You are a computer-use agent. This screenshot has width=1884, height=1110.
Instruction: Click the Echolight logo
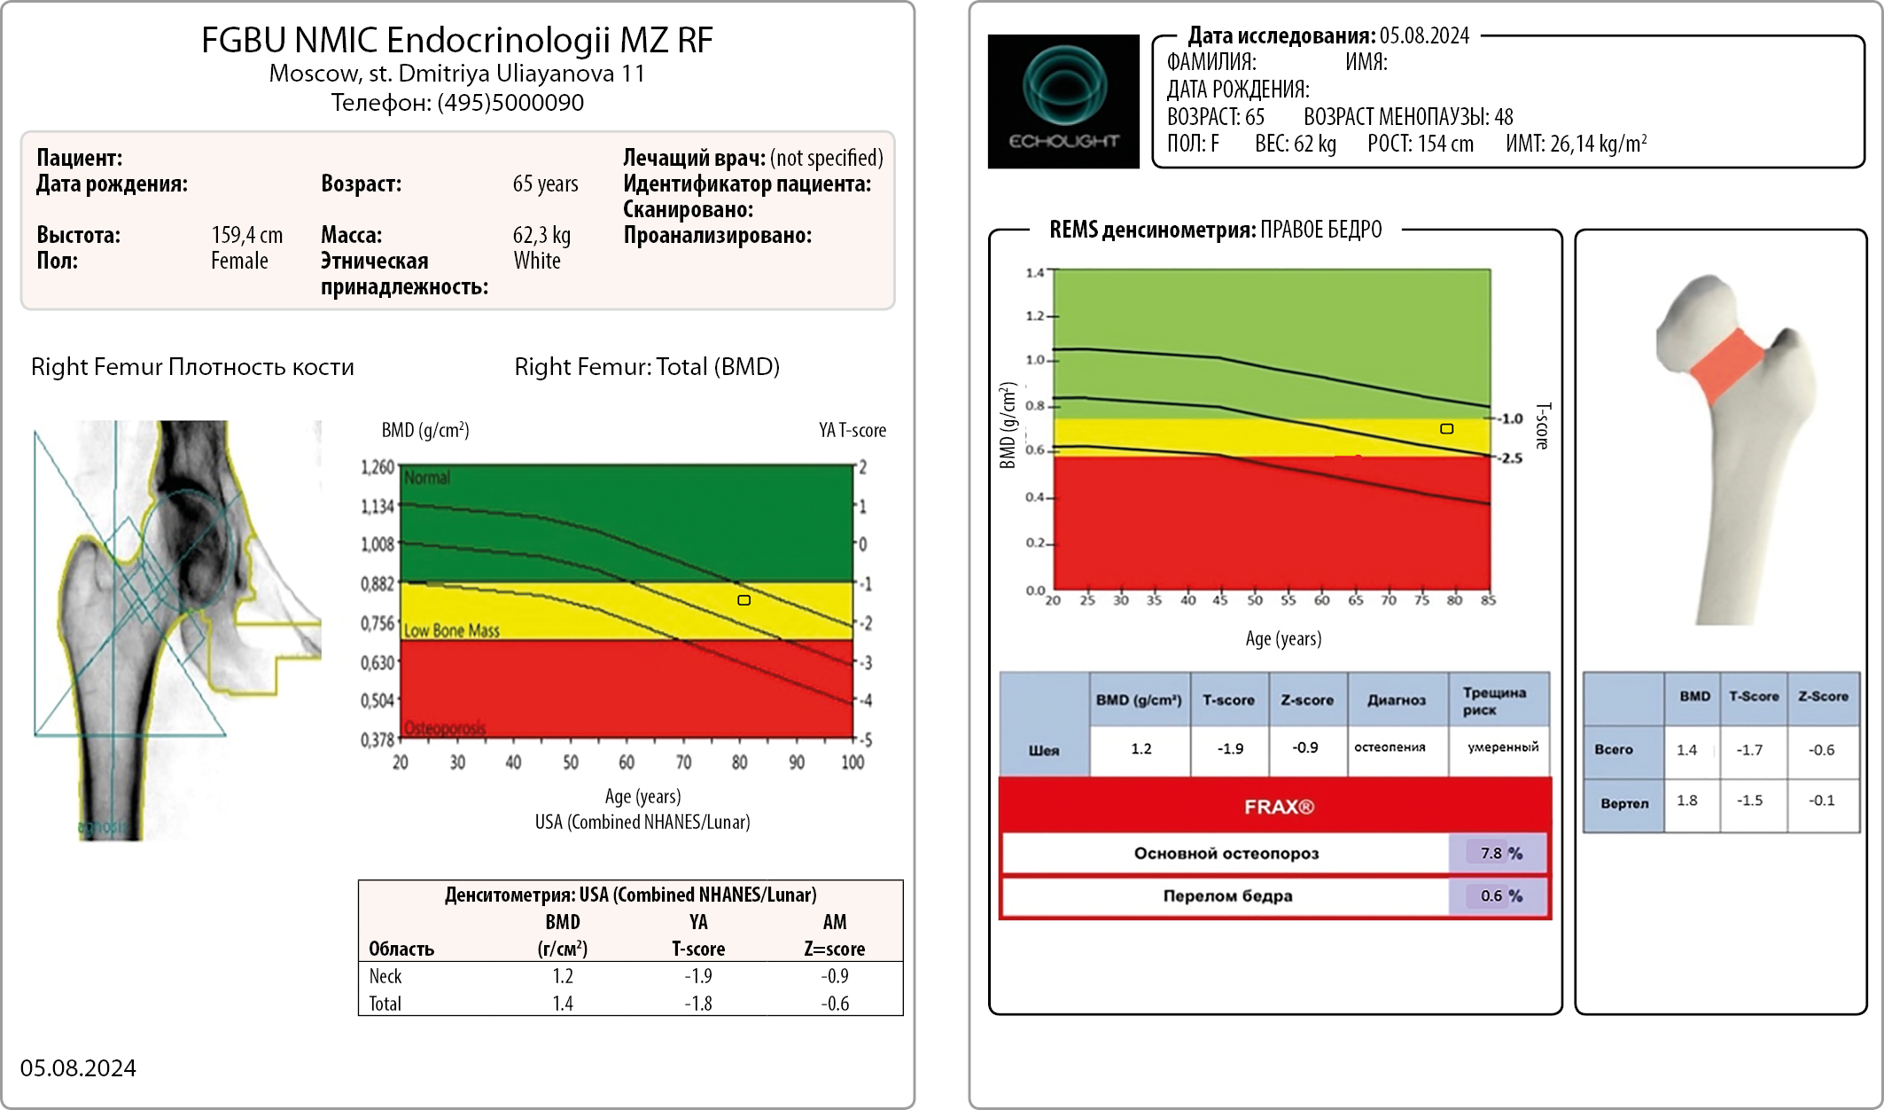[1063, 101]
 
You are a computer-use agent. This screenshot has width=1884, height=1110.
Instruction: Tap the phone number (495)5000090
[510, 103]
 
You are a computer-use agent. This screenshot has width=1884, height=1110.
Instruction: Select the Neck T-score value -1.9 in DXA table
[698, 976]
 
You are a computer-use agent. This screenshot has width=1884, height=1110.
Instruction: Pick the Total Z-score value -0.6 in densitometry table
[835, 1004]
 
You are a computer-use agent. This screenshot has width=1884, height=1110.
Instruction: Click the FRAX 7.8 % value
[1500, 853]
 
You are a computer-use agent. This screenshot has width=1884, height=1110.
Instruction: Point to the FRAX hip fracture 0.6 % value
[1500, 895]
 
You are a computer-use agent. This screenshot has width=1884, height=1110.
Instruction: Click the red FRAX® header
[1278, 807]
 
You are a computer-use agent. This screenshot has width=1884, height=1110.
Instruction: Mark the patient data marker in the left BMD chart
[744, 600]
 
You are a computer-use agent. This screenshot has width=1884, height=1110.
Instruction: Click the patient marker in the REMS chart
[1446, 429]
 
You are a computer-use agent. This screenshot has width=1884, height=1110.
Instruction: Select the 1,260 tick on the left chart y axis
[378, 467]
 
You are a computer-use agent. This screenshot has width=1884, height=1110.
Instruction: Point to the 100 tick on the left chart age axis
[852, 762]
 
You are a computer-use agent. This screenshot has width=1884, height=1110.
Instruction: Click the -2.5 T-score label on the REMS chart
[1511, 458]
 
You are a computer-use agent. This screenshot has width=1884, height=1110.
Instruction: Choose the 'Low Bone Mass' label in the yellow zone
[452, 630]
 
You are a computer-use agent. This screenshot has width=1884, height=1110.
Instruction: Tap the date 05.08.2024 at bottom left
[78, 1067]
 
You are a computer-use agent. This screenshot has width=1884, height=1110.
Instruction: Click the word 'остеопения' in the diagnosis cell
[1390, 747]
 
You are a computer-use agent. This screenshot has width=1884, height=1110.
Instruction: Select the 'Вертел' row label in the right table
[1624, 803]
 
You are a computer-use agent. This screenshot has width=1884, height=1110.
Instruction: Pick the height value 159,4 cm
[247, 235]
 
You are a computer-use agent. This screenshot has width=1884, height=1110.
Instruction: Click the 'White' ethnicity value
[537, 261]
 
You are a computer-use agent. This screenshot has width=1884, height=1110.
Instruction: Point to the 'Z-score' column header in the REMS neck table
[1307, 700]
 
